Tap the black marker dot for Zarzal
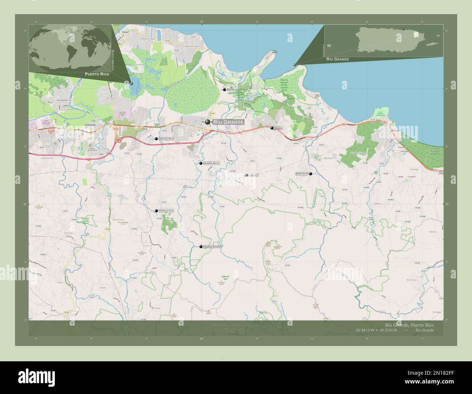[272, 128]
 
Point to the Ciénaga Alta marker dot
[156, 211]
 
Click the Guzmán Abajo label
[211, 163]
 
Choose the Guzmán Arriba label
[212, 246]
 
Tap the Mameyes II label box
[302, 174]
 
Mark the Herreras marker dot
[224, 89]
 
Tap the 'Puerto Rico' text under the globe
[97, 74]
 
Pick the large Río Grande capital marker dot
[207, 122]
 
